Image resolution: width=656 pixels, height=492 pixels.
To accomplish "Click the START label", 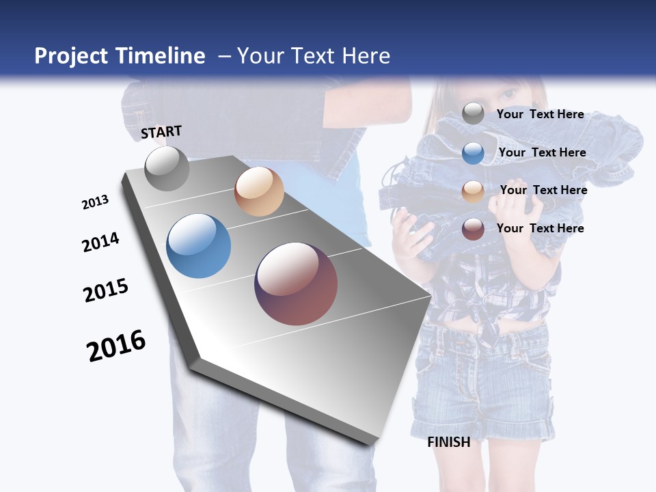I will (161, 132).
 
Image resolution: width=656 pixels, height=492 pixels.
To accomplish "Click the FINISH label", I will (448, 442).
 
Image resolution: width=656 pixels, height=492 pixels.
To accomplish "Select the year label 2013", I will (95, 202).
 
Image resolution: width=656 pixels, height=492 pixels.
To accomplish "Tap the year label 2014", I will (100, 243).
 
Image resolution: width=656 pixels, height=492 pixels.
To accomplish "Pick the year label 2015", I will (106, 290).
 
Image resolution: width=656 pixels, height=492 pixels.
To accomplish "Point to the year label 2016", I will (116, 346).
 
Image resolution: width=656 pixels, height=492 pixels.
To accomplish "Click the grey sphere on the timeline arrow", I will (167, 169).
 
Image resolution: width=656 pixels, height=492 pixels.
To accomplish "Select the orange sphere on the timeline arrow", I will (259, 191).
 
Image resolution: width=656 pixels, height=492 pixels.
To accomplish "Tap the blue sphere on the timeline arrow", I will (199, 246).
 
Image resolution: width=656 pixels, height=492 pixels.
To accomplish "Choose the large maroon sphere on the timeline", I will (296, 284).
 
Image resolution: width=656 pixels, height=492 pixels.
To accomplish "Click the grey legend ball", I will (473, 114).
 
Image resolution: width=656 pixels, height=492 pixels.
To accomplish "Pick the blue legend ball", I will (473, 153).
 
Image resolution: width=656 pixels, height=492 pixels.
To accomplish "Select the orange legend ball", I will (473, 191).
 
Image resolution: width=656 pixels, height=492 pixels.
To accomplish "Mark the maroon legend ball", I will (473, 229).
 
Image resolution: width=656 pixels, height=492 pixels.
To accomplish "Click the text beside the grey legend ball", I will (540, 114).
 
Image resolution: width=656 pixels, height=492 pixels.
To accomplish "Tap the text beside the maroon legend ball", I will (540, 228).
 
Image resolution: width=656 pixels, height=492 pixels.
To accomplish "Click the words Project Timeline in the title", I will (120, 56).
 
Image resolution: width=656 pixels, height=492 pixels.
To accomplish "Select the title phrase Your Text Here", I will (313, 56).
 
